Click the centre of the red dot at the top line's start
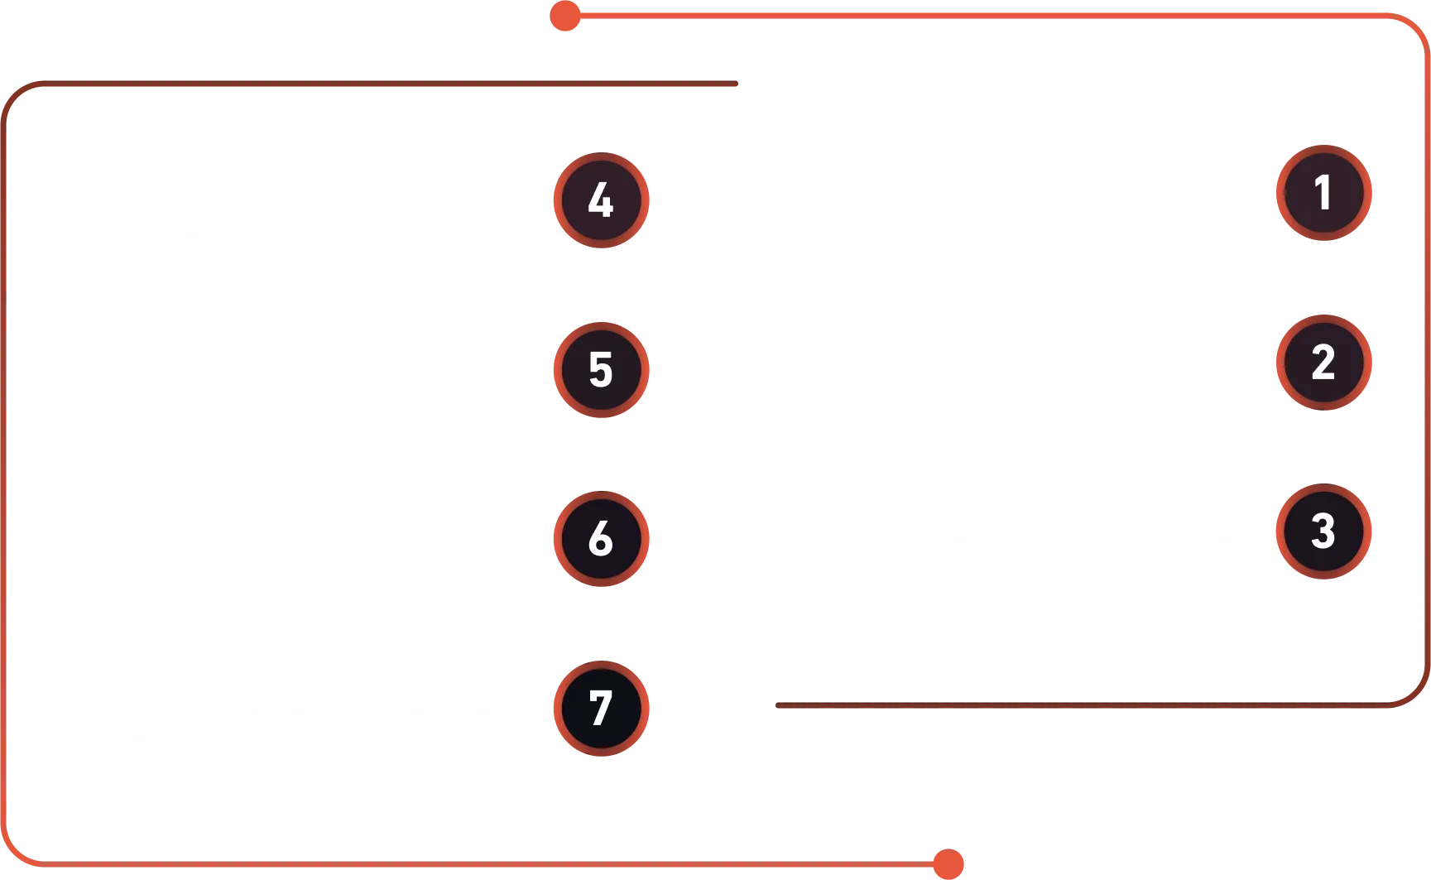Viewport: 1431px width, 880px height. [565, 16]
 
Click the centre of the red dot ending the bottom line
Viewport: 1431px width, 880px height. [948, 864]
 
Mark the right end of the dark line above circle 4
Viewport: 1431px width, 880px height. [735, 84]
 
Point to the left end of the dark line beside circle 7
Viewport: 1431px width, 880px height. [778, 705]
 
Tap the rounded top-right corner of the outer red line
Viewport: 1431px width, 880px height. [1417, 26]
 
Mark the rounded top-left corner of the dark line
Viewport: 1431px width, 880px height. [15, 94]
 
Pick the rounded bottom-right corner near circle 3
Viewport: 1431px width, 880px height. [1417, 694]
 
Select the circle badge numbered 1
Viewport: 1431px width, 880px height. [1323, 193]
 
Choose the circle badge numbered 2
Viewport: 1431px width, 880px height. [1323, 363]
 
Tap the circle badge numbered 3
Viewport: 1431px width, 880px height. [1323, 531]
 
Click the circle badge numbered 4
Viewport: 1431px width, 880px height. [601, 200]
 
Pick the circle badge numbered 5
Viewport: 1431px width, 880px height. [601, 370]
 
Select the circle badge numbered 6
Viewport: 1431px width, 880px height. [601, 539]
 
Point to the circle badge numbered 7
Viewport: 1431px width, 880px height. [601, 709]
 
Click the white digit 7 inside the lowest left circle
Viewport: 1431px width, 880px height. [601, 709]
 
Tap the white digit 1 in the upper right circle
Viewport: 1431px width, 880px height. [1323, 192]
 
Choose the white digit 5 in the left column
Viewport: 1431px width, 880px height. [601, 370]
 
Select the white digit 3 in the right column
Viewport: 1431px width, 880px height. [1323, 531]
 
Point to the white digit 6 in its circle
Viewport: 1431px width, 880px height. [601, 539]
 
